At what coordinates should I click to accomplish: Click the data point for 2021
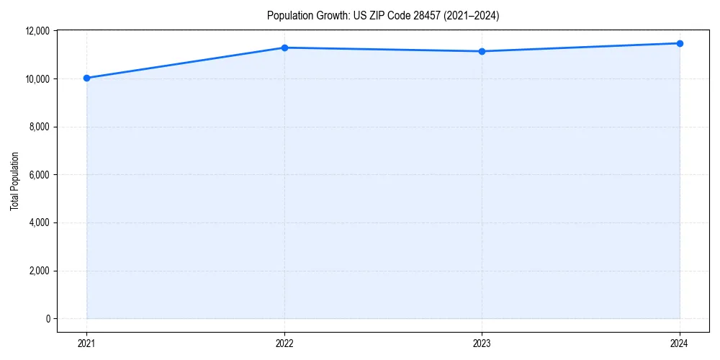[86, 78]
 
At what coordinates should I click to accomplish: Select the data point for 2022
[284, 48]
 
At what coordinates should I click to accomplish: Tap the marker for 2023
[482, 51]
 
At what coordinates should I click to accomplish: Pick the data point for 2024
[680, 43]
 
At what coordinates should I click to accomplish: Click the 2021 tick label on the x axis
[86, 343]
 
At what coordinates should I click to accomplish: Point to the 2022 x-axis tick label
[284, 343]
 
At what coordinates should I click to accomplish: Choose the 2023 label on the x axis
[482, 343]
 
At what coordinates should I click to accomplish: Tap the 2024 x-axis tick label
[680, 343]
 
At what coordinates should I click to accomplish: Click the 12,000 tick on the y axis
[37, 31]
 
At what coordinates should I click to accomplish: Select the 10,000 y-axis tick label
[37, 78]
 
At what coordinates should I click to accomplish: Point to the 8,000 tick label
[39, 127]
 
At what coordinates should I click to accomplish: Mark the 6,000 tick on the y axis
[39, 175]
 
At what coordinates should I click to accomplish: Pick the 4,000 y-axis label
[39, 222]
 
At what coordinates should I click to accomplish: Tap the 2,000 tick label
[39, 271]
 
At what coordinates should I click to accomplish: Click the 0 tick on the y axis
[47, 319]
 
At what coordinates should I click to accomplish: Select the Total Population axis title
[14, 181]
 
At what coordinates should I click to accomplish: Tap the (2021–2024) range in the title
[472, 15]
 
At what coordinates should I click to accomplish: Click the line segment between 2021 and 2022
[185, 63]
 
